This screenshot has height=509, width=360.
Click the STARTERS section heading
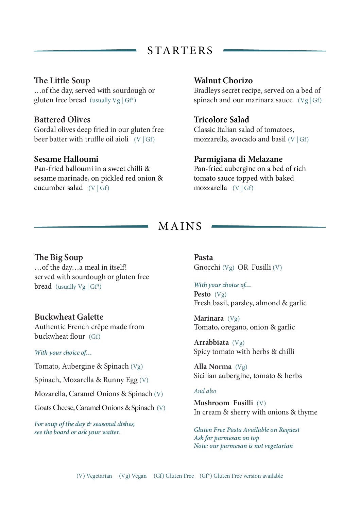point(180,51)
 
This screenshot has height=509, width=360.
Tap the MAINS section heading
point(180,226)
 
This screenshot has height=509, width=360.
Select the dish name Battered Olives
point(62,120)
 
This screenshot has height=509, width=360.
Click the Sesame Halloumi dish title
point(66,159)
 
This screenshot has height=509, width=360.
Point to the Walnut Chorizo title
point(223,81)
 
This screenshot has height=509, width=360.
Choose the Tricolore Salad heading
point(221,120)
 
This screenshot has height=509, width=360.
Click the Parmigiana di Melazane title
point(238,159)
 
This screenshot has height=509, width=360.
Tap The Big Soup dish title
point(58,257)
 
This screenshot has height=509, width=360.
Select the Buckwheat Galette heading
point(69,317)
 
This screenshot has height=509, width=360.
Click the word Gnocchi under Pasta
point(207,267)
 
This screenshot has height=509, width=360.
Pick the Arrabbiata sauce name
point(211,342)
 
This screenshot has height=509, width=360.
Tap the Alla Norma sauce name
point(212,367)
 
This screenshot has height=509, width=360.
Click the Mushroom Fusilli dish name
point(223,403)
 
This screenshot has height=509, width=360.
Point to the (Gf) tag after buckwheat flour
point(95,337)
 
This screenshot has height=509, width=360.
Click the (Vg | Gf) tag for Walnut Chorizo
point(309,100)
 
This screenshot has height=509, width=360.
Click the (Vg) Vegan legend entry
point(133,476)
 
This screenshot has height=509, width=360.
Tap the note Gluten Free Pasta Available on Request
point(246,430)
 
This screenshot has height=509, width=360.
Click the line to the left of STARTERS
point(85,51)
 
